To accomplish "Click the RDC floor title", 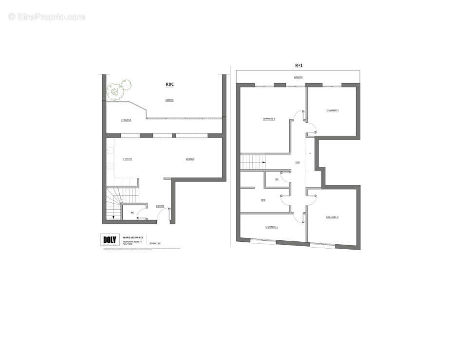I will [169, 84].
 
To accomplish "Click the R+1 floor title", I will [299, 65].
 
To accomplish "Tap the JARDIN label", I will [169, 100].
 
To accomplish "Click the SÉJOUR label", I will [190, 159].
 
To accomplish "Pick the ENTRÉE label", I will [160, 206].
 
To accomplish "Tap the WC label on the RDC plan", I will [132, 213].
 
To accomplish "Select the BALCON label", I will [298, 77].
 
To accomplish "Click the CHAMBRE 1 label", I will [269, 119].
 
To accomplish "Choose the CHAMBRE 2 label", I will [333, 110].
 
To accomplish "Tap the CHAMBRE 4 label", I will [271, 227].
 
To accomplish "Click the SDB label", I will [262, 200].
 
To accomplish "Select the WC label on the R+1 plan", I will [277, 179].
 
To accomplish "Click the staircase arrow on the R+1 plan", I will [262, 162].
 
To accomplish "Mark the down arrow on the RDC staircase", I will [113, 217].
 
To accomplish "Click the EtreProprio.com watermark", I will [47, 17].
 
